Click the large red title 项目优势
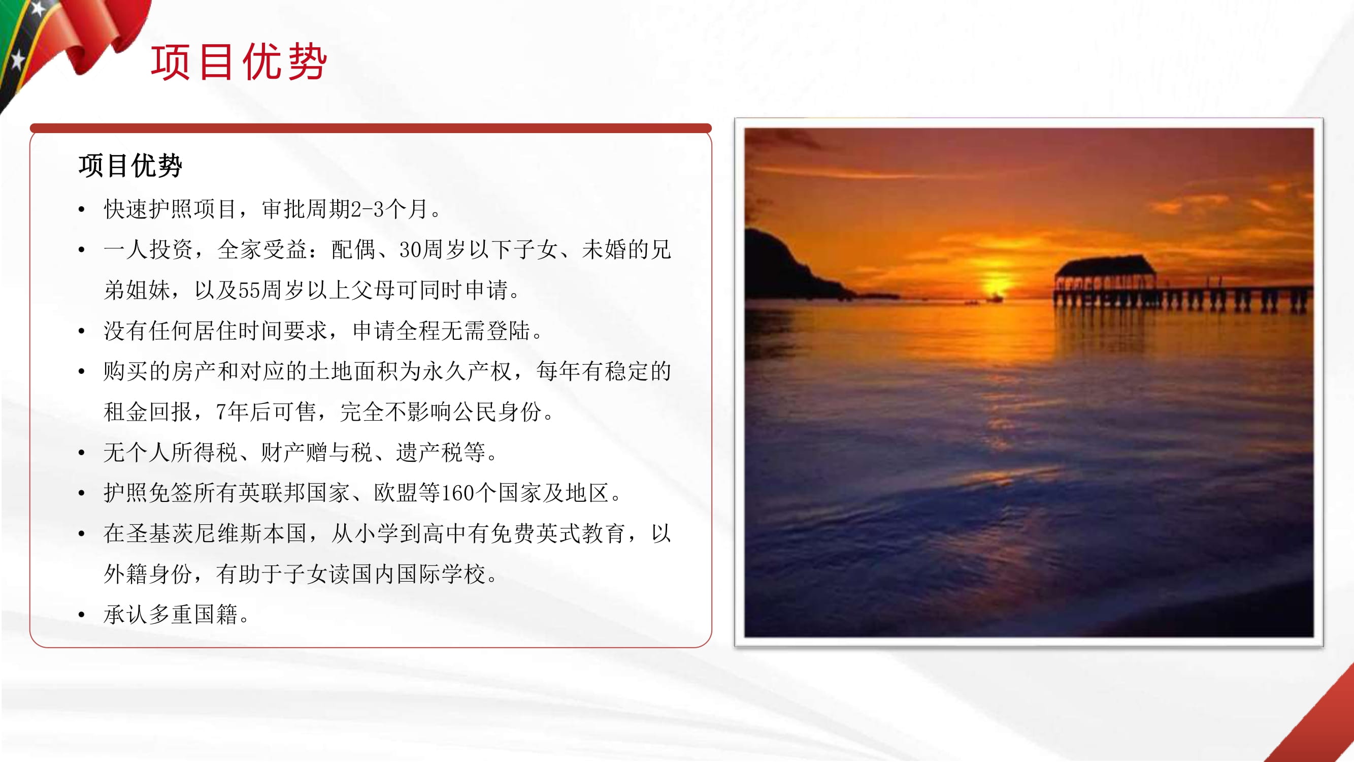239,62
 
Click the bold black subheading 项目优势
130,166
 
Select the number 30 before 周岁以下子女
411,250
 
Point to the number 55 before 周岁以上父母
250,290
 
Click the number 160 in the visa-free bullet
458,493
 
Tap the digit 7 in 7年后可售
221,412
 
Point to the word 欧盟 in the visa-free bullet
395,493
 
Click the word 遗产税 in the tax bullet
430,452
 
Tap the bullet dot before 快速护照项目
81,210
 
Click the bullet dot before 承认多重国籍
81,615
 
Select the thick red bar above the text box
371,128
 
